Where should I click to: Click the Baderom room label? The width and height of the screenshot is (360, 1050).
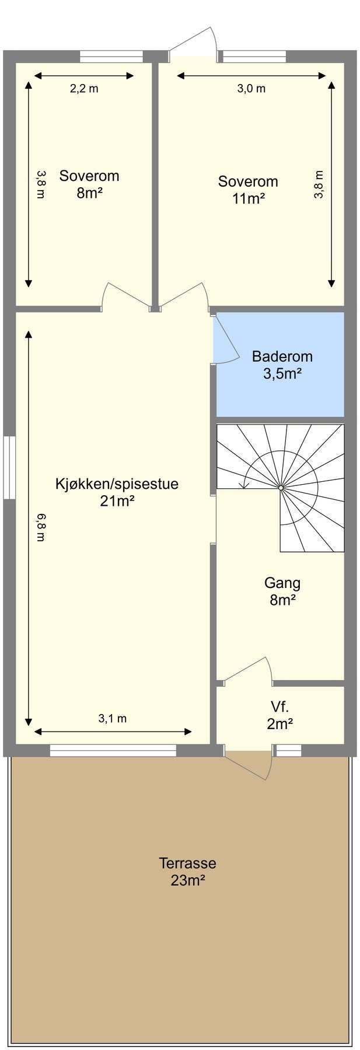282,365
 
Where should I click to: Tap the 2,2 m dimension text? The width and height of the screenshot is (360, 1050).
85,89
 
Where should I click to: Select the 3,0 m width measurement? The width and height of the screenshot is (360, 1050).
251,89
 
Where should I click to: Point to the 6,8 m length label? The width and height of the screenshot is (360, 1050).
40,527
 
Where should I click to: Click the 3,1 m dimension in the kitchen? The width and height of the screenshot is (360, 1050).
112,718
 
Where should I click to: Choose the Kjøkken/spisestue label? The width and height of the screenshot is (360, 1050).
117,492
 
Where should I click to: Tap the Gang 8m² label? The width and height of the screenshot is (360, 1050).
282,590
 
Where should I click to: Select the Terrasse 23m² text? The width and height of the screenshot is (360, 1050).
187,871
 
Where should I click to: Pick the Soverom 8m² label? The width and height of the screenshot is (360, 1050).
89,184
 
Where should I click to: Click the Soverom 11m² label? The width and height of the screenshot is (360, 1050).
248,190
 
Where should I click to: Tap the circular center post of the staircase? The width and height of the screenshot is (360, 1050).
281,487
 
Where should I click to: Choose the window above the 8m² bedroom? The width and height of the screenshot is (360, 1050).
111,57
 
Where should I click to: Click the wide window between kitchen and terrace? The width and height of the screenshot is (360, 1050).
113,751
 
